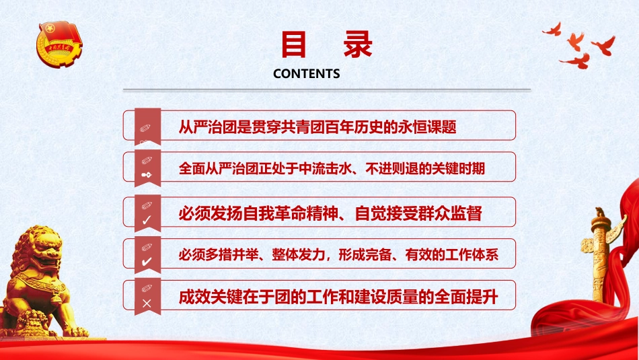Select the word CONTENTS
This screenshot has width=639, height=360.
306,74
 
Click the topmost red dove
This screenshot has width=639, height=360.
552,29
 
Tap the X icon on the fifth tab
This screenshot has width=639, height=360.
147,303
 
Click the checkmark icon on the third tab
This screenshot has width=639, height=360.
147,219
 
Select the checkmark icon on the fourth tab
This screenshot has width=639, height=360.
147,262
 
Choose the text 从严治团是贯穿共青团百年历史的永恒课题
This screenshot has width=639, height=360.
317,126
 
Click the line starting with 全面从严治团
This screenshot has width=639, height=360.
332,169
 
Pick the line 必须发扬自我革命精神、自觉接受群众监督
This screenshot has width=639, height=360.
330,213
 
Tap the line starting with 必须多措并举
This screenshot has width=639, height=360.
338,256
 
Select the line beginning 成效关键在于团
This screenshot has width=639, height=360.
338,297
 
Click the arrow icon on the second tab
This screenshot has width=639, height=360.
147,175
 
